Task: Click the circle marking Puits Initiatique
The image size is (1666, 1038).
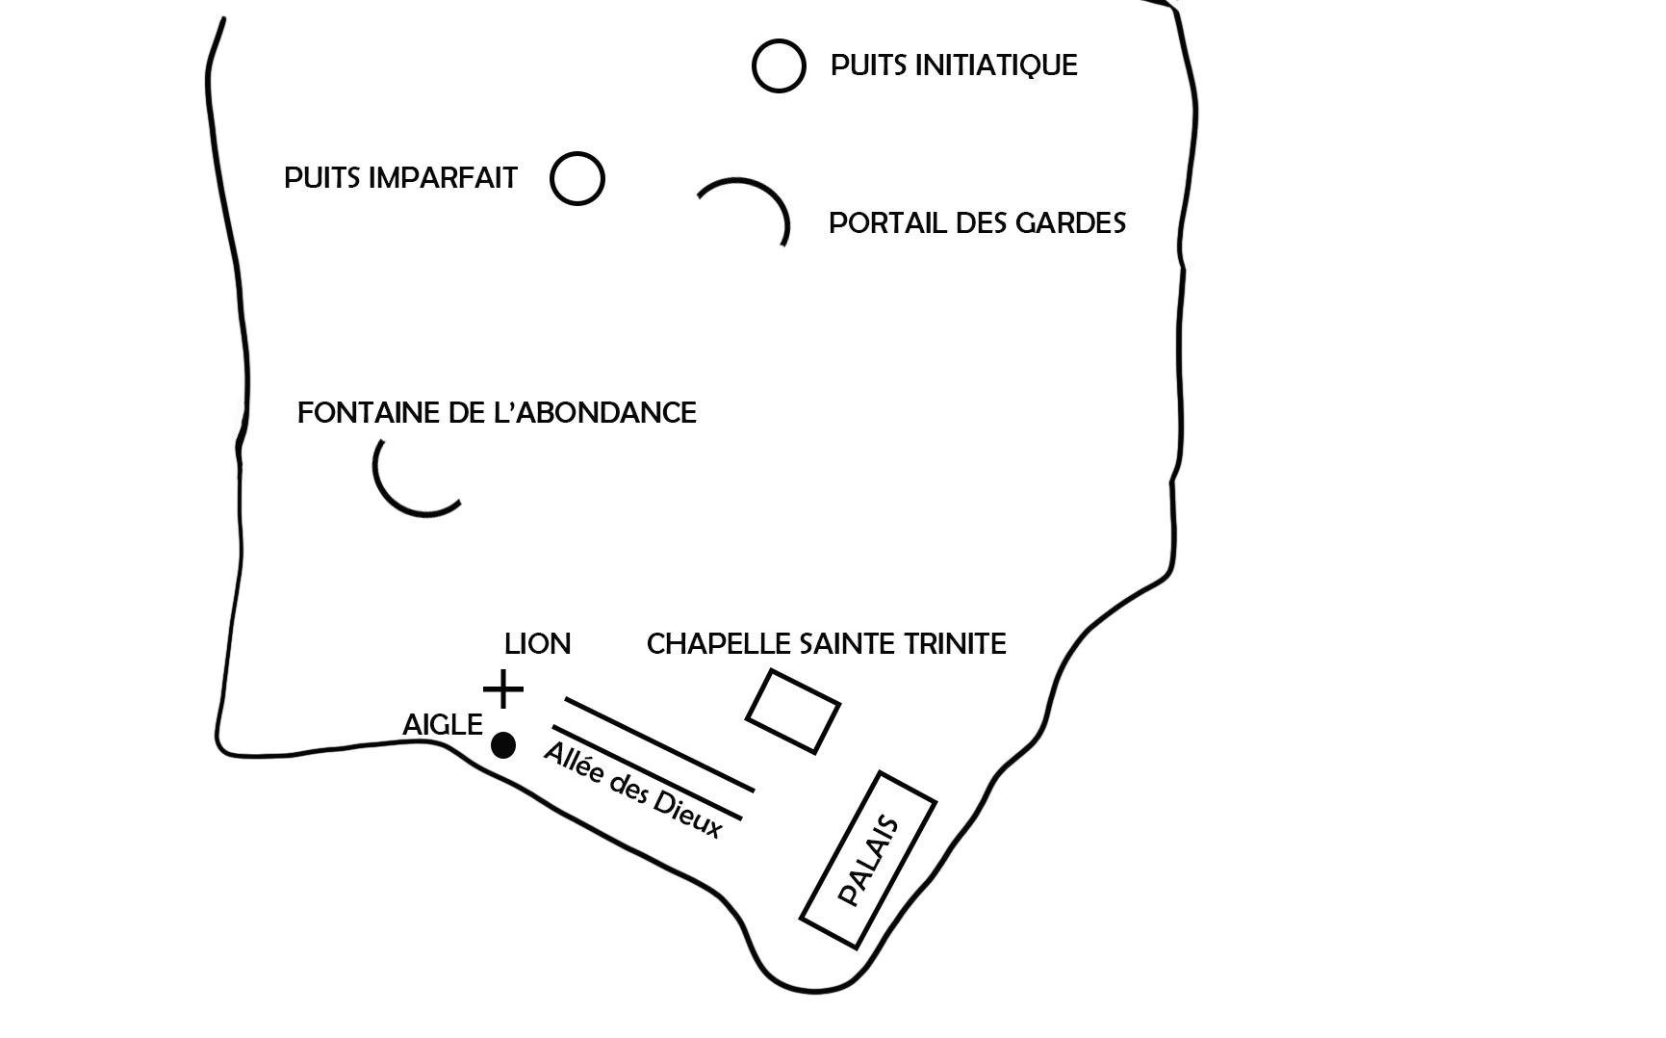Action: [779, 41]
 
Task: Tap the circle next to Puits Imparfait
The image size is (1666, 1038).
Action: [577, 154]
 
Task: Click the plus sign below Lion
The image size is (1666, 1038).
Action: [502, 689]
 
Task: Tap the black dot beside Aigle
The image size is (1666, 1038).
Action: [503, 745]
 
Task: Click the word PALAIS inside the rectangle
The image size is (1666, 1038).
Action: [868, 862]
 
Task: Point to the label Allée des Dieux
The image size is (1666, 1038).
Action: [632, 791]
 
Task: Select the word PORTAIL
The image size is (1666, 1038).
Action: [886, 223]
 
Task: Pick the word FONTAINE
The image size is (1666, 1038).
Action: [369, 413]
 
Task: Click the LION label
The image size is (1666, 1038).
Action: [537, 643]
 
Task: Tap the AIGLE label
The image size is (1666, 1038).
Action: [443, 725]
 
